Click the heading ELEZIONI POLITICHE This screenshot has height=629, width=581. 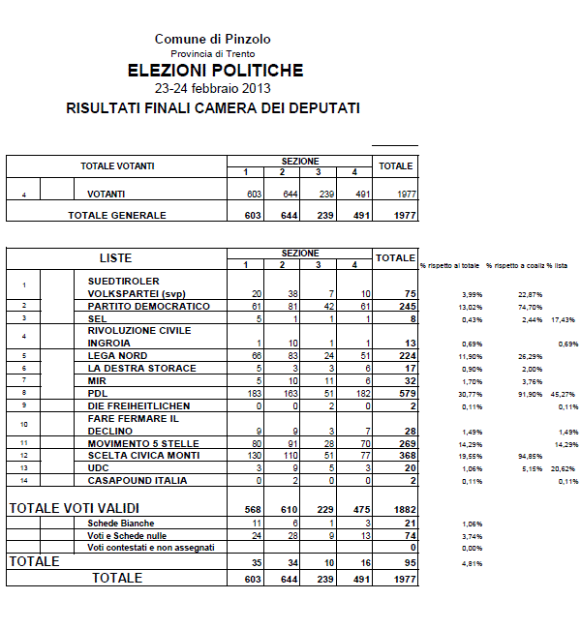point(216,71)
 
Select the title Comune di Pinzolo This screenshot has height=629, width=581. point(212,39)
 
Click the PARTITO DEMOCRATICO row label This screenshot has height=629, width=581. point(148,306)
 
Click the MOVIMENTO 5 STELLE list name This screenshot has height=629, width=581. point(143,443)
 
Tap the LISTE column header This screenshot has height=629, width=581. point(116,258)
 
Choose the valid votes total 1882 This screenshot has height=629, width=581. point(395,511)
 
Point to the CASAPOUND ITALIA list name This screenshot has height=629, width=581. point(138,481)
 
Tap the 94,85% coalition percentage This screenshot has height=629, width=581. point(503,456)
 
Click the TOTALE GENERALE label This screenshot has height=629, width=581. point(116,216)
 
